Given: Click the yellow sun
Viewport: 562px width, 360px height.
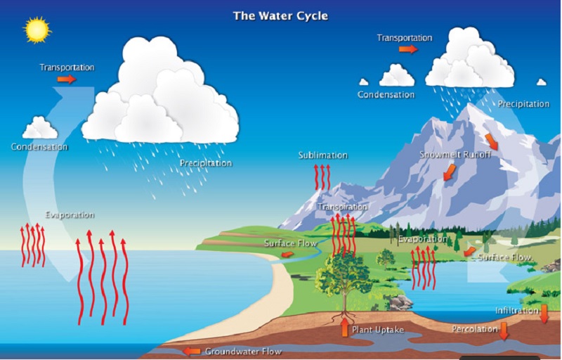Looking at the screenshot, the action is click(37, 30).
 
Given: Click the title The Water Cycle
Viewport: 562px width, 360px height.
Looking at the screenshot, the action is click(280, 16).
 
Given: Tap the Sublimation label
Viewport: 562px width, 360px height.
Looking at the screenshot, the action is click(323, 155).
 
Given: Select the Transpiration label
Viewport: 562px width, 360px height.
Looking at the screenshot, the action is click(342, 207).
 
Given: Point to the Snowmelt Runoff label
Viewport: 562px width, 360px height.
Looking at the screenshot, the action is click(455, 155).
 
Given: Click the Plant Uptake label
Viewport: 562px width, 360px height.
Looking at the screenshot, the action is click(378, 330).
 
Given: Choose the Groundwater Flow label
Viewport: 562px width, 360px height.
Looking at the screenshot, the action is click(243, 352).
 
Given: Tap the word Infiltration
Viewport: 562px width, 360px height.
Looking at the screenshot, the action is click(517, 311).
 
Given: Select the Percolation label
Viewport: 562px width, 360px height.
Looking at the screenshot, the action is click(475, 329).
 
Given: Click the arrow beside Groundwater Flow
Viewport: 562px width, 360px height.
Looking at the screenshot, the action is click(192, 352).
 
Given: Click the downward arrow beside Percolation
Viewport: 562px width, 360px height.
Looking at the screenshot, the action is click(504, 331).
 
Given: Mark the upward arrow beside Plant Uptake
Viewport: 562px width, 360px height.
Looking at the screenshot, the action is click(344, 328).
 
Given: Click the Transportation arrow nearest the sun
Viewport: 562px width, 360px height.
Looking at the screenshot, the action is click(67, 79).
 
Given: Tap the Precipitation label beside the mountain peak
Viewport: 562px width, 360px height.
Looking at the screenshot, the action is click(523, 104).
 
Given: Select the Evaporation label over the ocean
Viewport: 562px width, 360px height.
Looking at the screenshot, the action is click(70, 214).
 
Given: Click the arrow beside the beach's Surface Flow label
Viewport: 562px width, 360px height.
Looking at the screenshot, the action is click(287, 255).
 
